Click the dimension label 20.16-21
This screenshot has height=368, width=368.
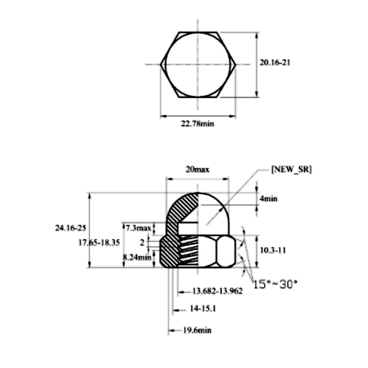275,63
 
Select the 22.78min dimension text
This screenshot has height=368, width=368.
197,123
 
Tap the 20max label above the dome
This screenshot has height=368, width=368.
197,169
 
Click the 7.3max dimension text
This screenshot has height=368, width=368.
138,228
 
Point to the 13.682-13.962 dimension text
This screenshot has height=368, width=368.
218,291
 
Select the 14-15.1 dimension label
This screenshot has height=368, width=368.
203,310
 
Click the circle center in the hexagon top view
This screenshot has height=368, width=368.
198,64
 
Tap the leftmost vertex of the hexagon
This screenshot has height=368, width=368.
161,64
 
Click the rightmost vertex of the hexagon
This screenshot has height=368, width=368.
236,64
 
